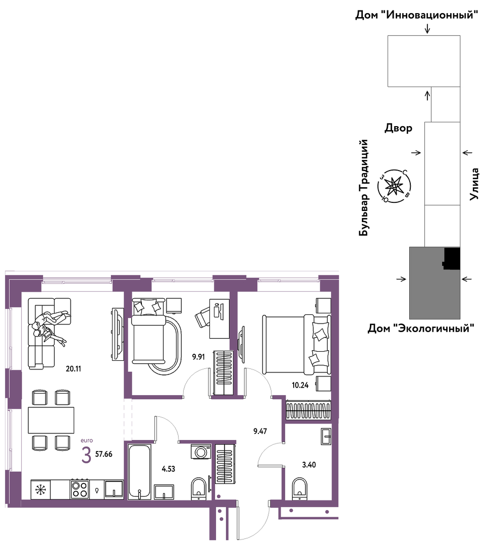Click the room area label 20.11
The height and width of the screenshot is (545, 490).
(x=73, y=368)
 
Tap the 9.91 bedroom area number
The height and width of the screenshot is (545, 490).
(x=198, y=357)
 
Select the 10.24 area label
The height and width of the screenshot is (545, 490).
(x=300, y=385)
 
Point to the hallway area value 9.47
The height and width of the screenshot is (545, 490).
(x=260, y=431)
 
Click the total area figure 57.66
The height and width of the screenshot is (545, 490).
(x=103, y=454)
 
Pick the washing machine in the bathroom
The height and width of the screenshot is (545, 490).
(x=200, y=452)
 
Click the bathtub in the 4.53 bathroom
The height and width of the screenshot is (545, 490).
(x=139, y=472)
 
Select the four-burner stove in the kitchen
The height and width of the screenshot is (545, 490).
(x=80, y=489)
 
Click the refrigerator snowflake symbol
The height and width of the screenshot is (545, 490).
(x=41, y=489)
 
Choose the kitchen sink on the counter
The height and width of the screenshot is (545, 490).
(x=114, y=489)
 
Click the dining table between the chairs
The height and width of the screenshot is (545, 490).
(x=51, y=420)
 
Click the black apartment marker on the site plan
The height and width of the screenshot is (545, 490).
(x=452, y=258)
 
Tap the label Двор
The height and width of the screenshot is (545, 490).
(x=398, y=128)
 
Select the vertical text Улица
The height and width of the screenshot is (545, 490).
(x=474, y=184)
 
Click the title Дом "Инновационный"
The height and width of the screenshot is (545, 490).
(x=416, y=15)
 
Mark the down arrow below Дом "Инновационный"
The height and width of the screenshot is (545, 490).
(x=427, y=28)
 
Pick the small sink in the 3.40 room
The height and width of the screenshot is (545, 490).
(x=326, y=436)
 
